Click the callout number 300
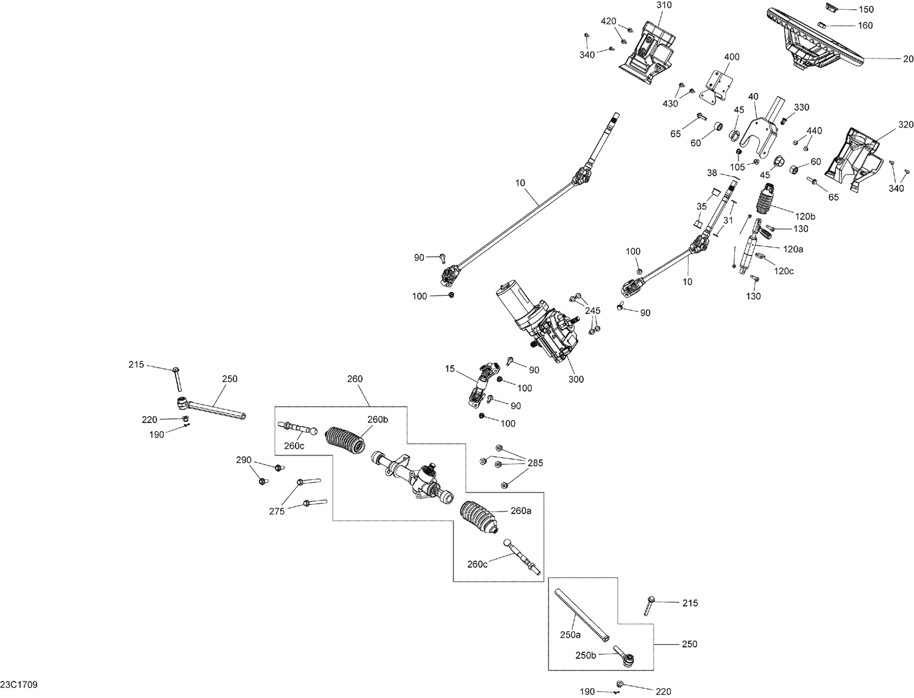[576, 379]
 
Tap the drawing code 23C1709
[19, 685]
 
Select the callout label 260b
[377, 419]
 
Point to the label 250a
[570, 635]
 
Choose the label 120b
[804, 216]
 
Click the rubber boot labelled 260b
[345, 440]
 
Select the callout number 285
[535, 463]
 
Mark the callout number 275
[277, 511]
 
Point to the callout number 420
[608, 21]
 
